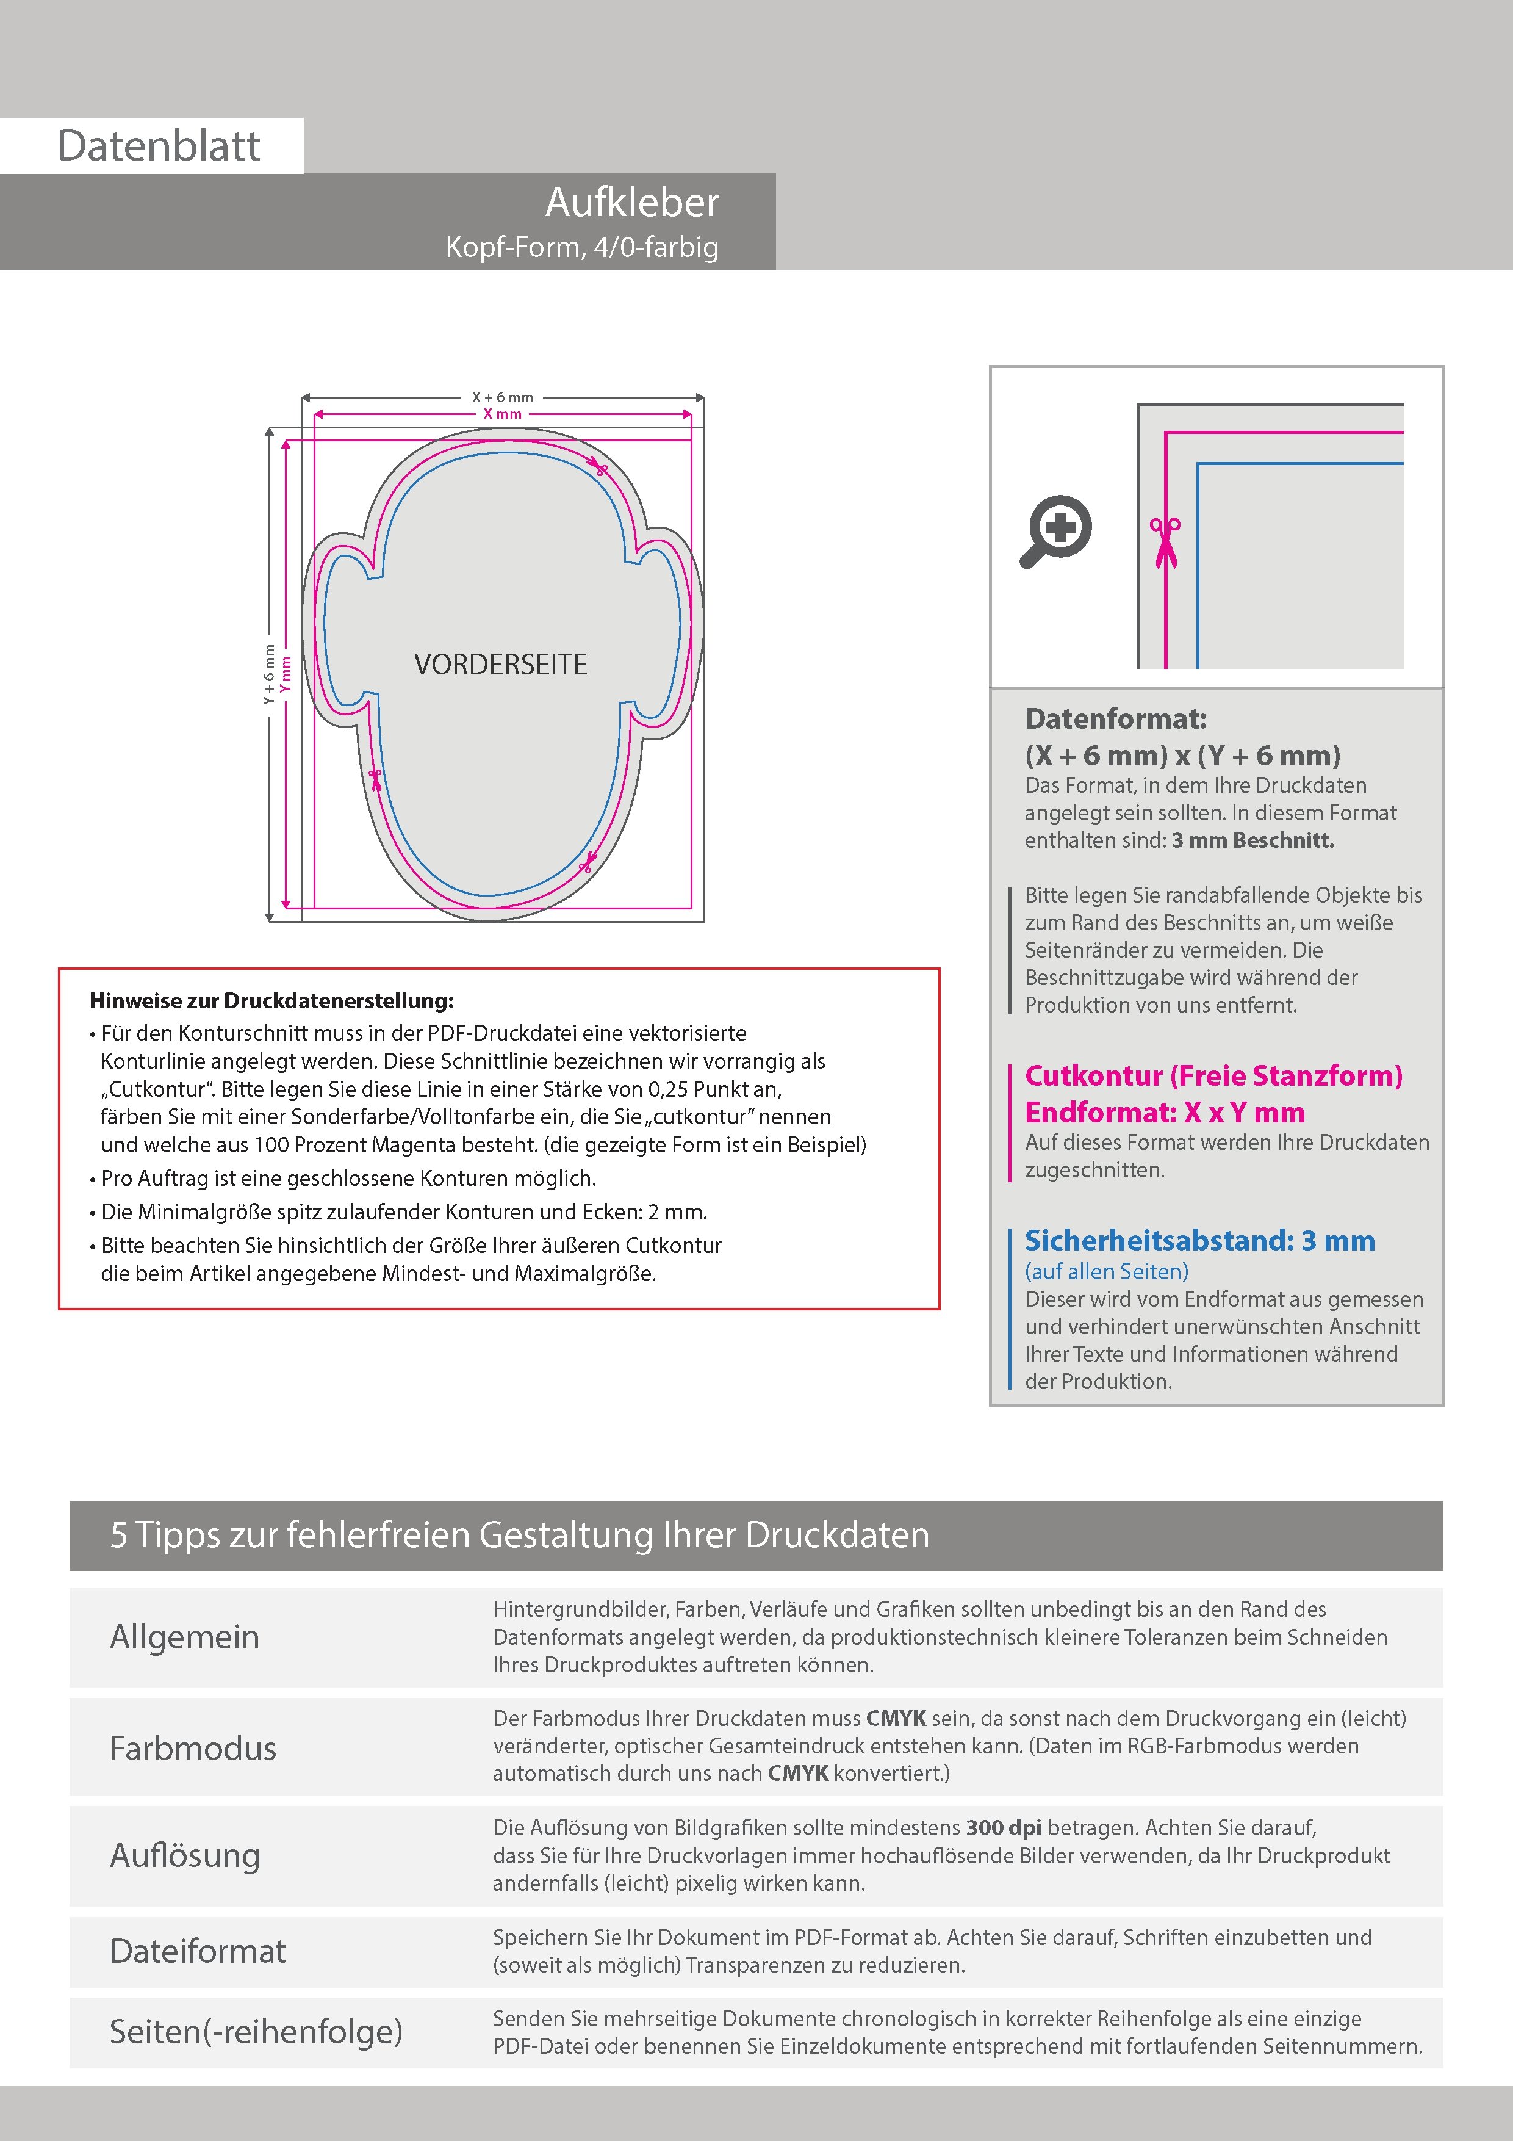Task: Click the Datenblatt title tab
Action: pos(159,145)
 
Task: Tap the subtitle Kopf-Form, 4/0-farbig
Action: pos(581,247)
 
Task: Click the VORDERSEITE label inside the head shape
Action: pos(501,665)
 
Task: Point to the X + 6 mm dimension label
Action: pos(503,397)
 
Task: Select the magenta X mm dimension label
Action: pos(503,414)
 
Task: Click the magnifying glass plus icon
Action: pos(1056,530)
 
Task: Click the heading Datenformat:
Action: pos(1115,719)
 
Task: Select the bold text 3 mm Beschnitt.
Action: pos(1253,840)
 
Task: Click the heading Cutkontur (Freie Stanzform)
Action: pos(1213,1076)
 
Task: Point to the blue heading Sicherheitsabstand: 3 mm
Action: pos(1200,1241)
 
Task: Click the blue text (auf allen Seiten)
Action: pos(1107,1271)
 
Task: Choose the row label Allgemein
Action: pos(185,1636)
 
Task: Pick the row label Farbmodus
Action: pos(193,1747)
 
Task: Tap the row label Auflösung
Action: pos(185,1855)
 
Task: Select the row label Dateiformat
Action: pos(198,1951)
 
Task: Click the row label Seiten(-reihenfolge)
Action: pos(256,2031)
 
